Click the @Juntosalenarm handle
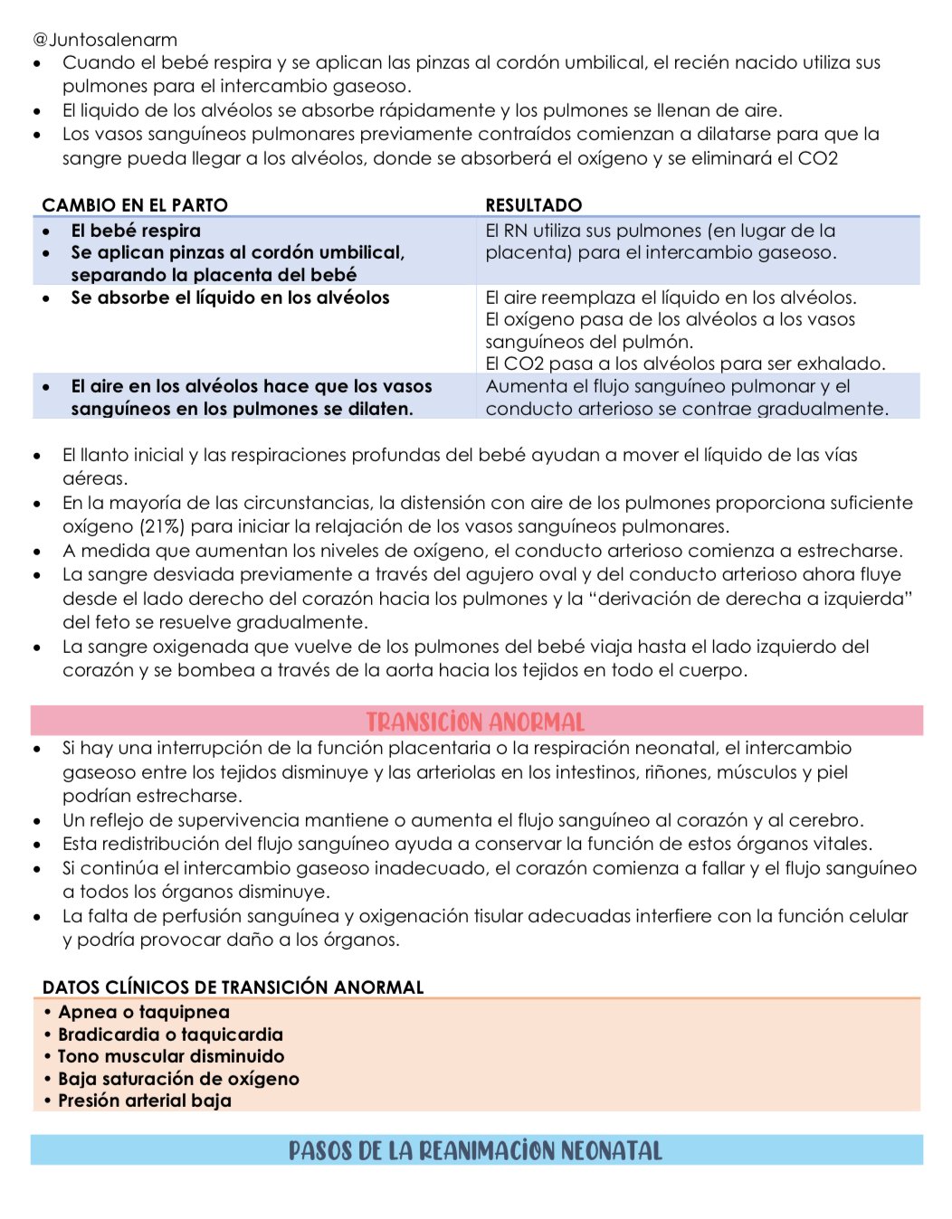[x=105, y=40]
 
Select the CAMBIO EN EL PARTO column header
[x=135, y=205]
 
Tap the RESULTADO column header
[x=533, y=205]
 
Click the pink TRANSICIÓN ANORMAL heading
[x=476, y=722]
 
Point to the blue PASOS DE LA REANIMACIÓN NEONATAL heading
[x=476, y=1150]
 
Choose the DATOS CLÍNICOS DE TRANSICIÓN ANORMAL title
[x=233, y=987]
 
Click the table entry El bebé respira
[x=136, y=231]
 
